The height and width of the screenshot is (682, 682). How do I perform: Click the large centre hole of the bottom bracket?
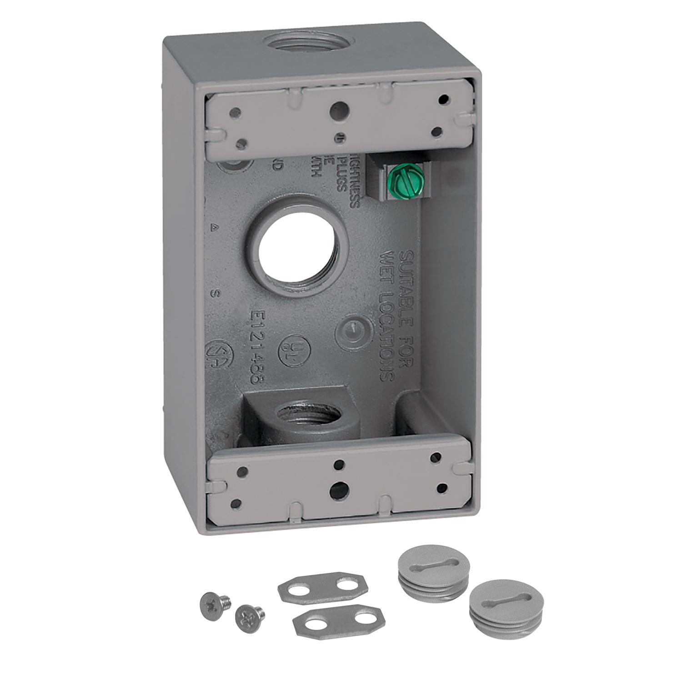pyautogui.click(x=339, y=488)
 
